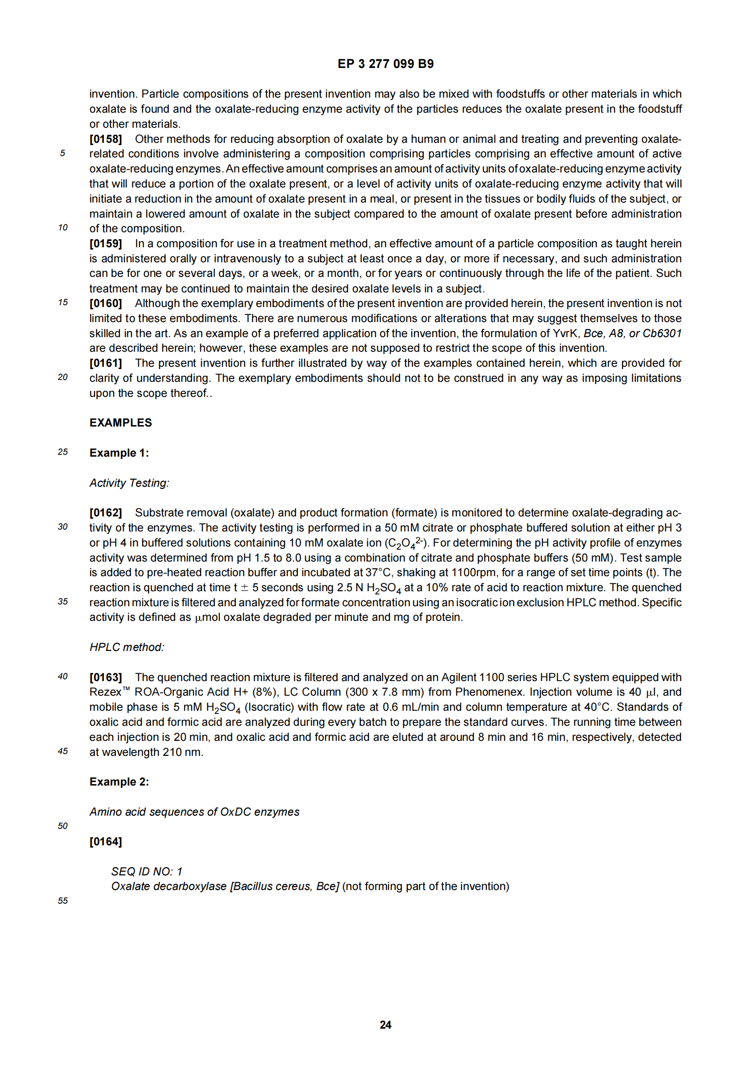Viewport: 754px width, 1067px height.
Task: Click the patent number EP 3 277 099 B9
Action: [385, 64]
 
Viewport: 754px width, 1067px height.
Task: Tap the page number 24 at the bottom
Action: [385, 1025]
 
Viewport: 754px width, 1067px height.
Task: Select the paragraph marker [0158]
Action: [105, 139]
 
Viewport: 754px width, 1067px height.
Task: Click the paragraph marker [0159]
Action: [105, 244]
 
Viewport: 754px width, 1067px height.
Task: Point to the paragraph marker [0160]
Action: [105, 303]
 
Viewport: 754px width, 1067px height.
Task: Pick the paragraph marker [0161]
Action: [105, 363]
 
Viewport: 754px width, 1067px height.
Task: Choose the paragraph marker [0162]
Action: [105, 513]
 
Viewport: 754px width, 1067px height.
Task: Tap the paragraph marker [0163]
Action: [105, 677]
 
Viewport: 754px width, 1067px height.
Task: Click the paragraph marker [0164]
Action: [105, 842]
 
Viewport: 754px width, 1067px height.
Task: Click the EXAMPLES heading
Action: [121, 422]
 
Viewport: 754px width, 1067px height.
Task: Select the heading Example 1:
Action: [120, 453]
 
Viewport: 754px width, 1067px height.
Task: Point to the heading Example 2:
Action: [120, 782]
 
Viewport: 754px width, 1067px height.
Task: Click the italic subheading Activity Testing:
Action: [129, 483]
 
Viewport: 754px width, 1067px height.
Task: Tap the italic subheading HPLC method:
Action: [127, 647]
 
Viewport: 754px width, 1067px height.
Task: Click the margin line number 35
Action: [62, 601]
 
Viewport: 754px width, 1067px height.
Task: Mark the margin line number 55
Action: [62, 900]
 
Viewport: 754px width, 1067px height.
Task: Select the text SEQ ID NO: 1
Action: [147, 871]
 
